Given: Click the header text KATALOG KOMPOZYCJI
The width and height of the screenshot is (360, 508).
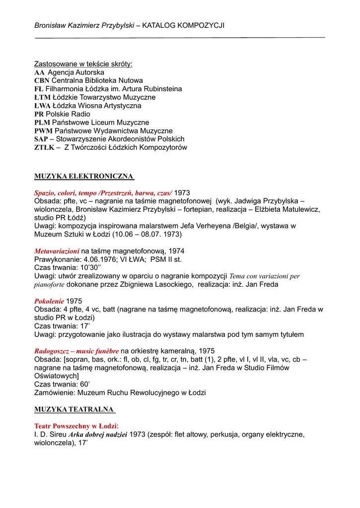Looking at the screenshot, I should (183, 25).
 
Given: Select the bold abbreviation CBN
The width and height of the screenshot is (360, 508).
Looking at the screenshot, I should (42, 81).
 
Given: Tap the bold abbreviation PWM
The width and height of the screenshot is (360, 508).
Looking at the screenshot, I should (43, 131).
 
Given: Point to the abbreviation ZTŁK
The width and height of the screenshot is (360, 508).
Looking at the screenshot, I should (44, 148).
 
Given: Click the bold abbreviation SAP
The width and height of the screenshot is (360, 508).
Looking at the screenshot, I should (41, 139).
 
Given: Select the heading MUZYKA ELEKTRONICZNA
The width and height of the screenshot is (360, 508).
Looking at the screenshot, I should (84, 176).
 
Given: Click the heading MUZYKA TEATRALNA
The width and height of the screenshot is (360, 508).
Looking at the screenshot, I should (74, 410).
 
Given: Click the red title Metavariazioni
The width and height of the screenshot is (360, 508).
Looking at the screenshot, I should (57, 252).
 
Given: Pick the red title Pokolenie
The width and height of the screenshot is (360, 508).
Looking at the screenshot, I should (49, 301).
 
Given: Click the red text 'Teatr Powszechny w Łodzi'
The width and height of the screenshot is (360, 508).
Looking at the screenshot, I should (75, 426).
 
